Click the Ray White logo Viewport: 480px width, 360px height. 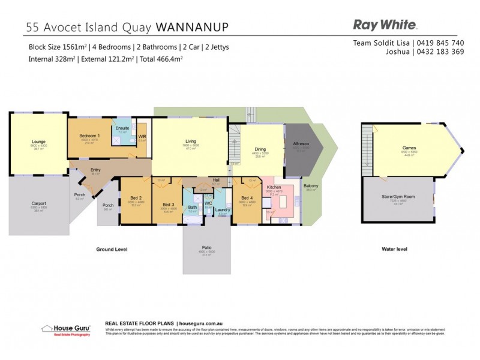[385, 25]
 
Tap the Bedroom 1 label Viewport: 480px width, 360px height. [90, 136]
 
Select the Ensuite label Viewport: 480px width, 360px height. [123, 128]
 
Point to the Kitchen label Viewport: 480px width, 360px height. [274, 187]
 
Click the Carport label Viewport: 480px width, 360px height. [38, 203]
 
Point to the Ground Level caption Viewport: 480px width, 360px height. [112, 248]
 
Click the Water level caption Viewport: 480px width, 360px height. [394, 248]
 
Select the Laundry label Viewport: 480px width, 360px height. [223, 210]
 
